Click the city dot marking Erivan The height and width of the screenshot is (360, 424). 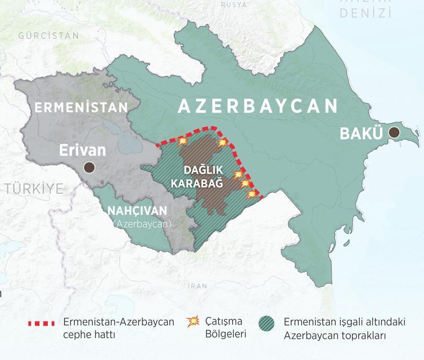click(x=90, y=168)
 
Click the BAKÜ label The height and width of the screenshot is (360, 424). click(x=360, y=133)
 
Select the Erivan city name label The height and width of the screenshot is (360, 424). click(x=82, y=150)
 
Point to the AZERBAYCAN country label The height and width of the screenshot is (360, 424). click(x=258, y=106)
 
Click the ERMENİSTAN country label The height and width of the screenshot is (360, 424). click(x=81, y=107)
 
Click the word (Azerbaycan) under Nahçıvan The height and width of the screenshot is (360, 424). click(x=142, y=224)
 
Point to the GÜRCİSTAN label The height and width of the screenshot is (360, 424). click(x=48, y=36)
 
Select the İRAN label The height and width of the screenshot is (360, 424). click(x=198, y=286)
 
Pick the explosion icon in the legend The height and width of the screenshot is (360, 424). click(x=195, y=321)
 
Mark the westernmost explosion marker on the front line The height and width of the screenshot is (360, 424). click(x=183, y=141)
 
